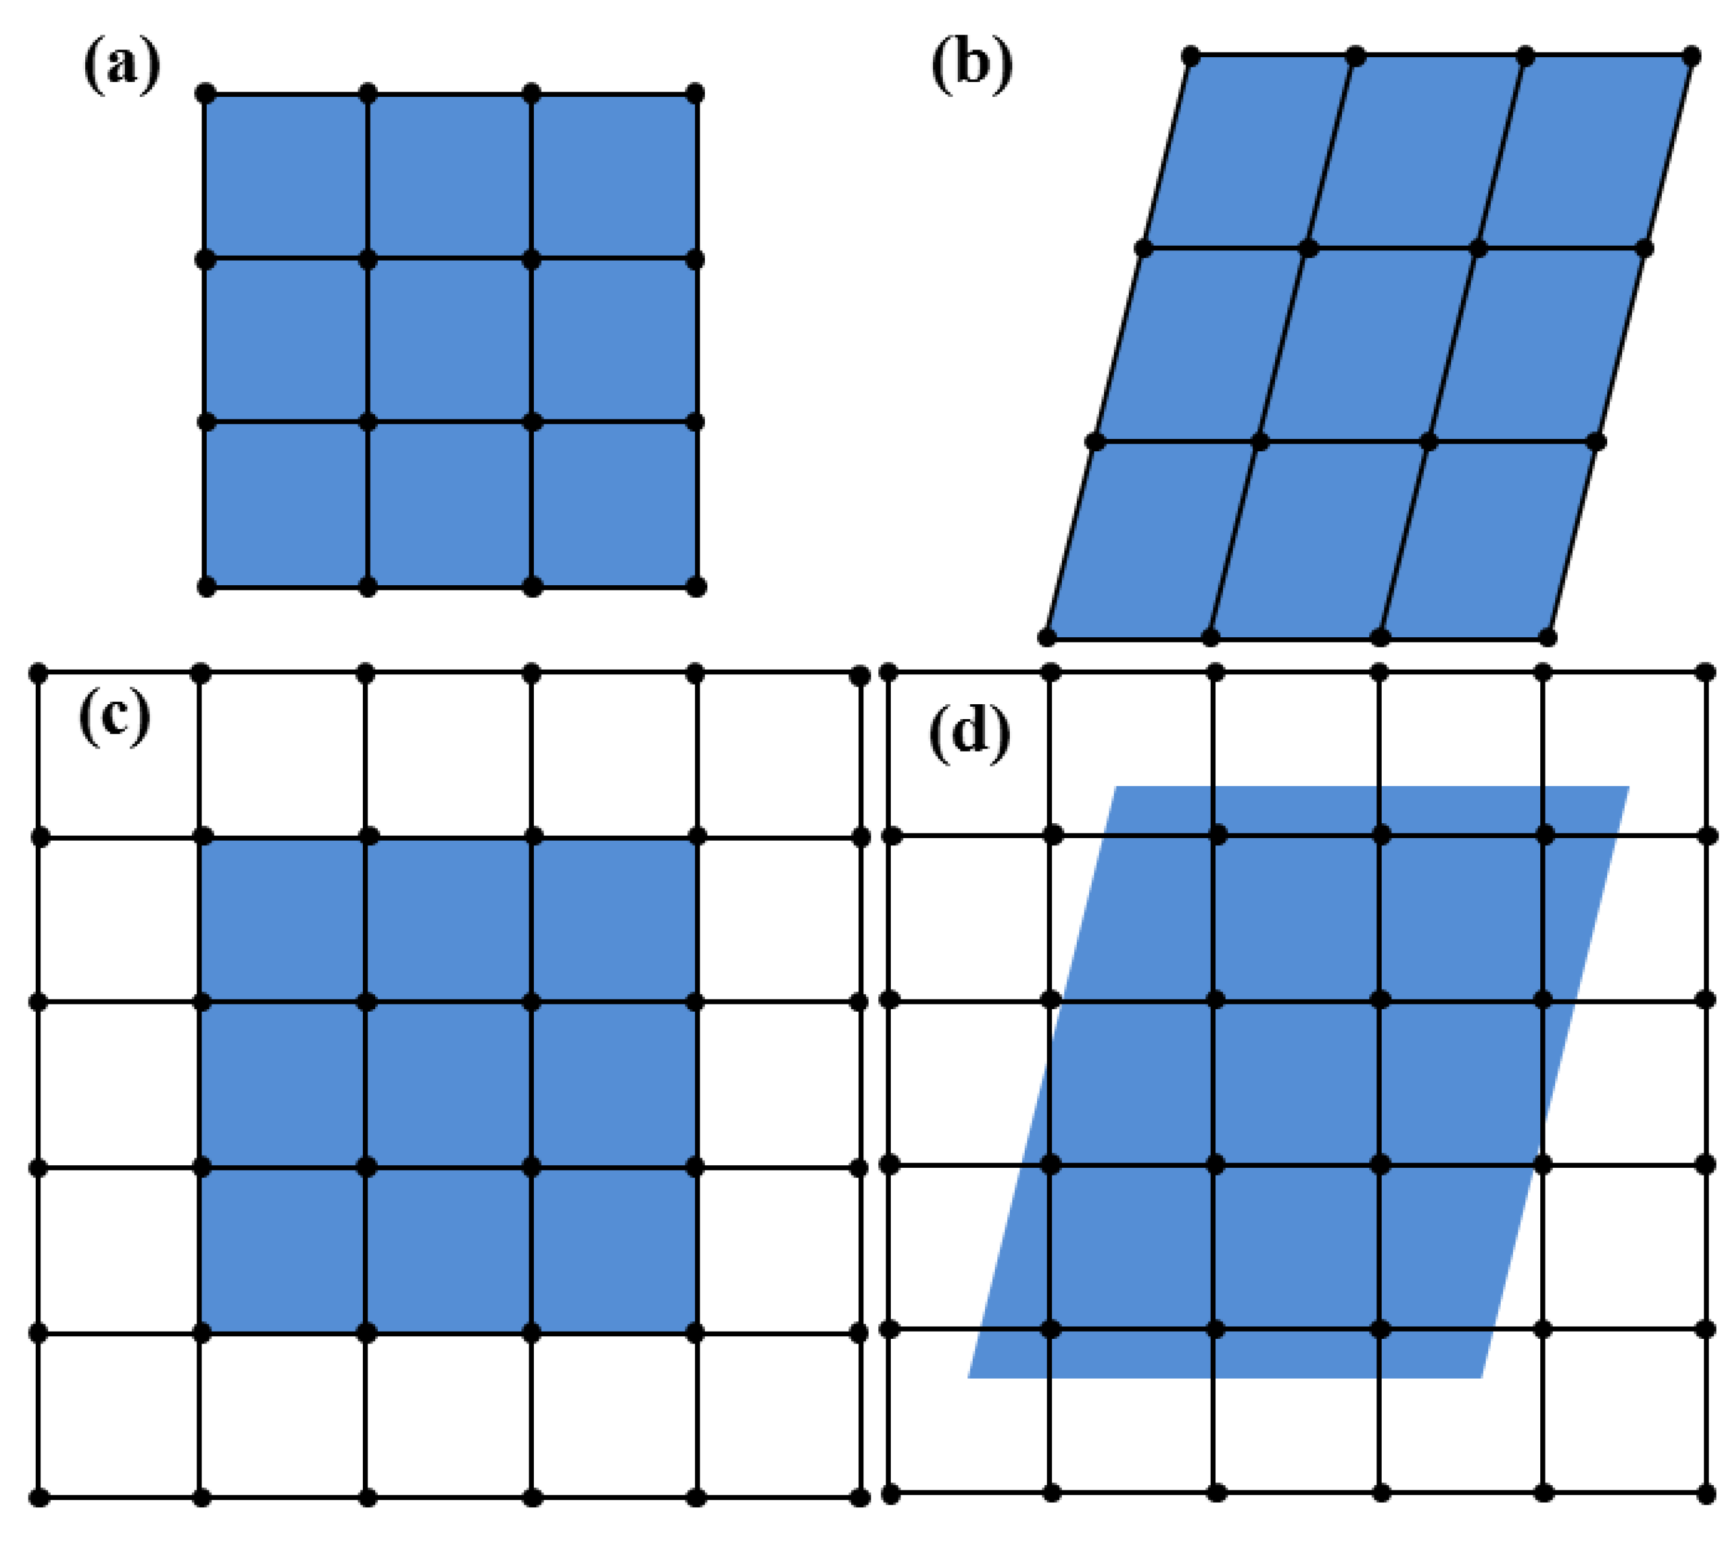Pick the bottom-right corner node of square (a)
click(x=696, y=586)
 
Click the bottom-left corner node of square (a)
click(x=205, y=586)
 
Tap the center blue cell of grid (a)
click(x=449, y=339)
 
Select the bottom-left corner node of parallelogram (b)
click(x=1047, y=637)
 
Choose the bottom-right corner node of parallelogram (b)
click(x=1547, y=637)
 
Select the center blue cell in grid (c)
click(x=449, y=1085)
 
